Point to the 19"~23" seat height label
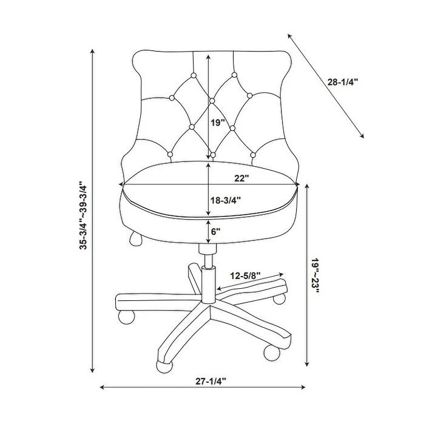tap(316, 276)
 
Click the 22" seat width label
tap(243, 178)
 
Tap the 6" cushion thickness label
tap(216, 231)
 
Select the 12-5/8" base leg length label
tap(246, 276)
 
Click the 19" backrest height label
tap(218, 123)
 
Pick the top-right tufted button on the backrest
tap(234, 75)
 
